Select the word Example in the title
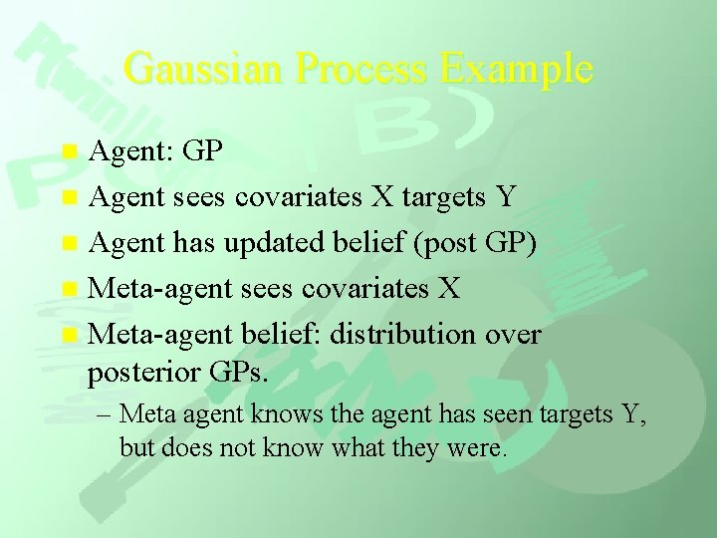(516, 69)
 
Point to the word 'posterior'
(144, 375)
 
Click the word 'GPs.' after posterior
(239, 374)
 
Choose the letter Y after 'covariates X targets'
(505, 197)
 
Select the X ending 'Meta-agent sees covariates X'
(448, 289)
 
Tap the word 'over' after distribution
(512, 334)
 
